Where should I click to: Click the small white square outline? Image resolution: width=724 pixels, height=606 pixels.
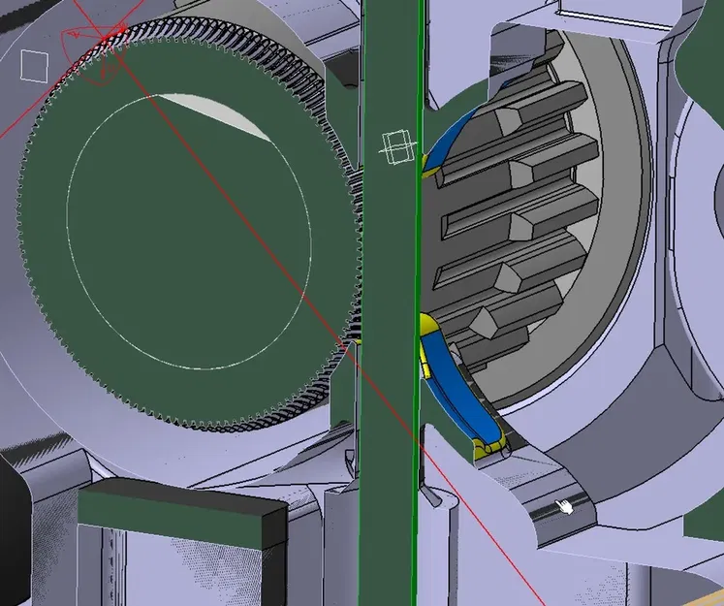tap(35, 66)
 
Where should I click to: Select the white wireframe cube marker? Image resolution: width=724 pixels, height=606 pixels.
tap(394, 148)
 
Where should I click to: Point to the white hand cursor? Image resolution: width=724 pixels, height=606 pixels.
tap(565, 506)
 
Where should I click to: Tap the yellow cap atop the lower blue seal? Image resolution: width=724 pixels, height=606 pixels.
tap(425, 326)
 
